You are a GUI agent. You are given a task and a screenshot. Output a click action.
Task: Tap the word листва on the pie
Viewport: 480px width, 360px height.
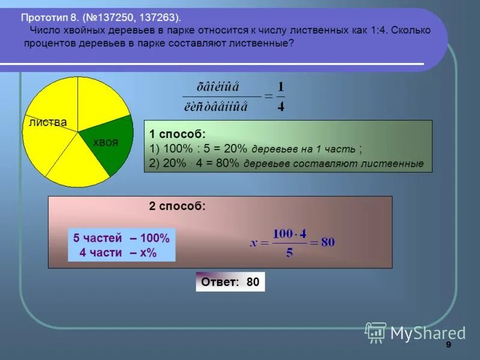[x=47, y=122]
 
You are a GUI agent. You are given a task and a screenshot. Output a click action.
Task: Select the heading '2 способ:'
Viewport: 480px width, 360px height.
[x=177, y=206]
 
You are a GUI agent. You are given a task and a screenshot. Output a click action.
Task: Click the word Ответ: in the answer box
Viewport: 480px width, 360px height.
[x=220, y=282]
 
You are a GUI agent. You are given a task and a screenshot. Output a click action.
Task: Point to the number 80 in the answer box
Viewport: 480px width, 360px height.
[x=253, y=282]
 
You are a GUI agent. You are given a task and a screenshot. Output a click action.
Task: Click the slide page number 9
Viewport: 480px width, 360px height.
[x=448, y=347]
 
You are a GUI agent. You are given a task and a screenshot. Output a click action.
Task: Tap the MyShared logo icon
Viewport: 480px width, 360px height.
[x=376, y=332]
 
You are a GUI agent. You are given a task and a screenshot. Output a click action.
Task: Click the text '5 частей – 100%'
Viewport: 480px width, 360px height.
[x=121, y=238]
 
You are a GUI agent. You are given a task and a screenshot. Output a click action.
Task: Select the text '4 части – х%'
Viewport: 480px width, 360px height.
[x=118, y=253]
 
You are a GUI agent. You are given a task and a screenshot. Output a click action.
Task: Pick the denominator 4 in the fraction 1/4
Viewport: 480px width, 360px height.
[x=281, y=107]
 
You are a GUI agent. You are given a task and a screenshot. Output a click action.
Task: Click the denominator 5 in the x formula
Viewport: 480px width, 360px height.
[x=289, y=253]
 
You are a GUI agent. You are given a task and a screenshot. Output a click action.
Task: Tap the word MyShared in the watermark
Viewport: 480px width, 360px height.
[x=428, y=333]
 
